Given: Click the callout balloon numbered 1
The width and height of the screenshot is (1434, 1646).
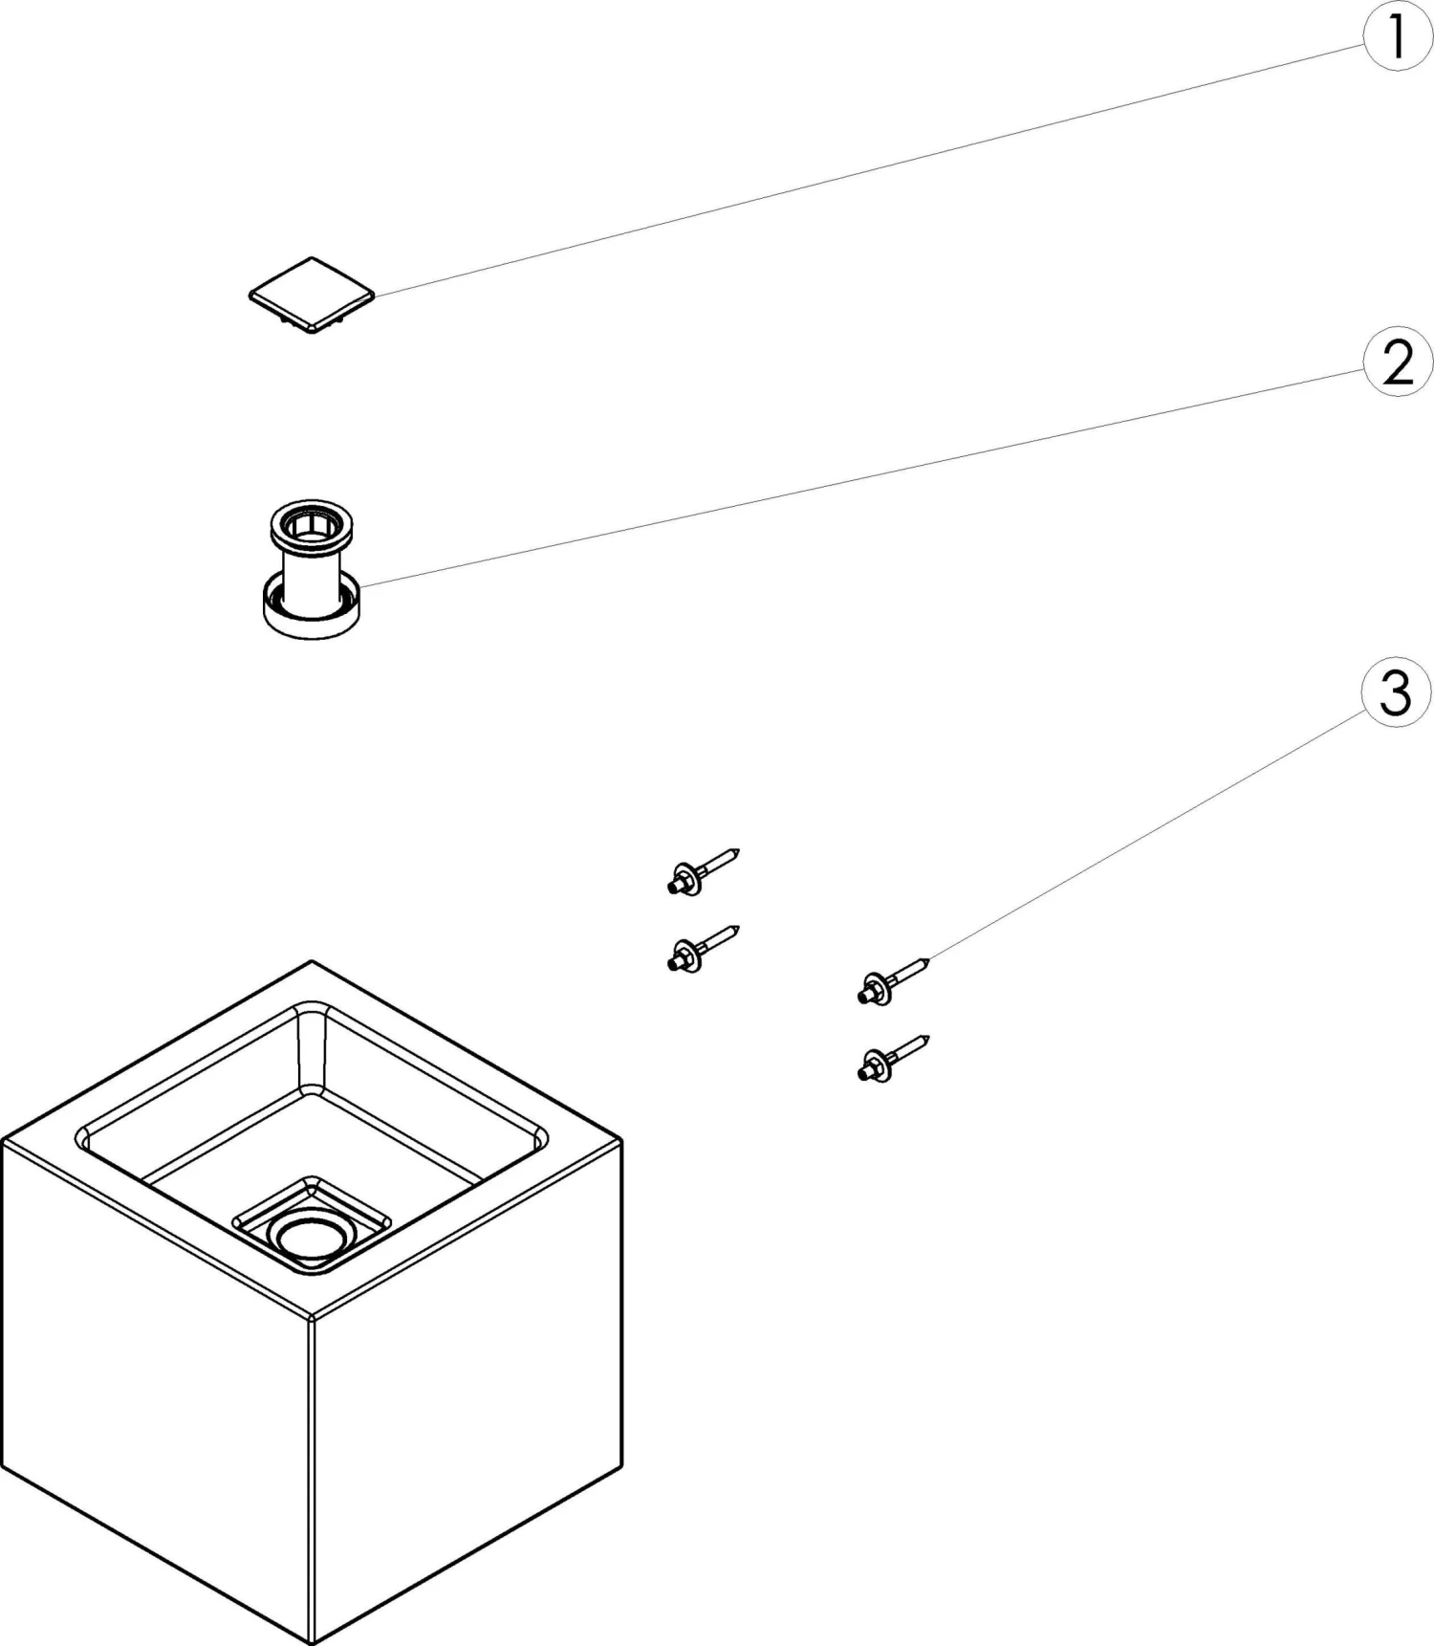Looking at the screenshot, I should pos(1397,38).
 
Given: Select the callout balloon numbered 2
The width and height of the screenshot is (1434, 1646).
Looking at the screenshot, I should pos(1398,362).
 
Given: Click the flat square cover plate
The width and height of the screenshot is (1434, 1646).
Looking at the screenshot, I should pos(311,294).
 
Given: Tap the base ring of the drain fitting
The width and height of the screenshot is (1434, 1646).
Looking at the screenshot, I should pos(312,618).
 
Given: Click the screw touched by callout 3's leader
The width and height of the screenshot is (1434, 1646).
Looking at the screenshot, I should pos(893,982).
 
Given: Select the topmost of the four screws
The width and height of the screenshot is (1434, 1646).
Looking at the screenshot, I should pos(703,872).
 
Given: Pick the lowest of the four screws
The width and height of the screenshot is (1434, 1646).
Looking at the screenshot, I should pos(893,1060).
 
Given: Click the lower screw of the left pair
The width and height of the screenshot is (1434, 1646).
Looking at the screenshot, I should pos(703,949).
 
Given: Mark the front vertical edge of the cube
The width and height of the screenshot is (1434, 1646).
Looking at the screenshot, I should pos(313,1473).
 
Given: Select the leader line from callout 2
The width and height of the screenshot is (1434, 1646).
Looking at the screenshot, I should pos(860,475).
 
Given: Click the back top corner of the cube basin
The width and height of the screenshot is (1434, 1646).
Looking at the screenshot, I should pos(312,962).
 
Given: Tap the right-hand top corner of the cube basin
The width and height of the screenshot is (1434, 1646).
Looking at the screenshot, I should pos(620,1140).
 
